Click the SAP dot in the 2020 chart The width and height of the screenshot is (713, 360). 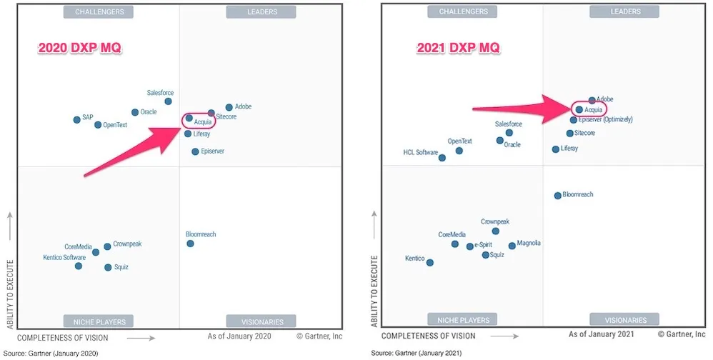coord(77,119)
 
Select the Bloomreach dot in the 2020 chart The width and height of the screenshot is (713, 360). coord(190,244)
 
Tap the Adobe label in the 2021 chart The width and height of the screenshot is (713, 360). coord(604,99)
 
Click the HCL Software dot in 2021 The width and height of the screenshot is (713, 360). coord(442,158)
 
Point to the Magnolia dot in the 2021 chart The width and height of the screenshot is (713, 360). coord(512,246)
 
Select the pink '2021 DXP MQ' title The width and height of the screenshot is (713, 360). coord(459,48)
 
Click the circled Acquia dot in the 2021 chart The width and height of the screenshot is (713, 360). coord(579,110)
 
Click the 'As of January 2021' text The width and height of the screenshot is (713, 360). coord(602,334)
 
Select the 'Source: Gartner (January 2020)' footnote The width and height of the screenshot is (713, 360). coord(50,353)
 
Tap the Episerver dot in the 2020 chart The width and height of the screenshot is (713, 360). coord(195,151)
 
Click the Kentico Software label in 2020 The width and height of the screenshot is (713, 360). coord(64,258)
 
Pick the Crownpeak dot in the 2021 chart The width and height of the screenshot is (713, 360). coord(495,231)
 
